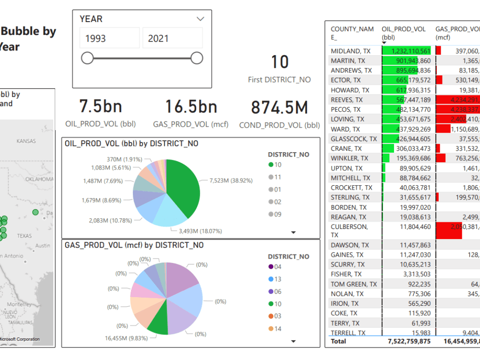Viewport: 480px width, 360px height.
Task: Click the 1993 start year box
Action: [109, 38]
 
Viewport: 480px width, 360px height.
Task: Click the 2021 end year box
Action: [172, 38]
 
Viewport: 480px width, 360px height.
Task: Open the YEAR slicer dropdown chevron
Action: [201, 19]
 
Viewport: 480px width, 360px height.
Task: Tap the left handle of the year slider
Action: [87, 59]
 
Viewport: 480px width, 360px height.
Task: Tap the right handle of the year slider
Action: [197, 59]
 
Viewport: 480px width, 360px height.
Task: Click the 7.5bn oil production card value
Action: [100, 107]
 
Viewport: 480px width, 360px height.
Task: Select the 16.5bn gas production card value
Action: [191, 107]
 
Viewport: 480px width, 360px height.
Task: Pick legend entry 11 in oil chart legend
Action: [277, 177]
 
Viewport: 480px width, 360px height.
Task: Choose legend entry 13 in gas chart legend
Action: [277, 279]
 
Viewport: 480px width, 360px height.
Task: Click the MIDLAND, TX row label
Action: [350, 51]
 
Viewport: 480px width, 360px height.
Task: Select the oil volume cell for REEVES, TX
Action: [406, 100]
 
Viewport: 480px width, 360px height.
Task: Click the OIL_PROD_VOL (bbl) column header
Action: [403, 33]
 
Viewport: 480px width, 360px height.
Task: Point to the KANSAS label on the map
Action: [26, 142]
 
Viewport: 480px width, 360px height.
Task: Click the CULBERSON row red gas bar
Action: [449, 230]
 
